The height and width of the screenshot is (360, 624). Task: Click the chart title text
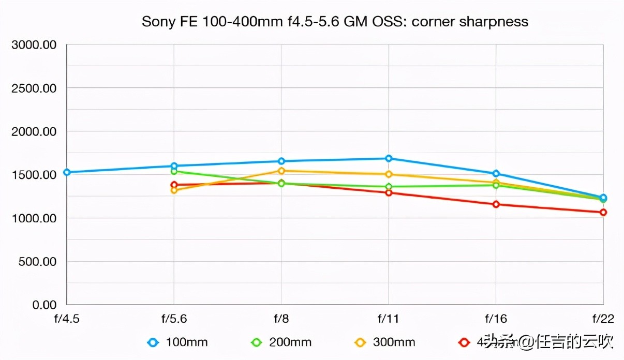click(x=335, y=22)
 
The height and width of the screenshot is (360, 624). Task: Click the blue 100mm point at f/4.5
click(x=67, y=172)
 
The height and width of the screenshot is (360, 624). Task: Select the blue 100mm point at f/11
click(x=389, y=158)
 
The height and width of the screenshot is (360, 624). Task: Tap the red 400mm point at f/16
click(x=496, y=204)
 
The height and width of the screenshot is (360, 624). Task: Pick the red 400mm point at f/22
click(x=603, y=213)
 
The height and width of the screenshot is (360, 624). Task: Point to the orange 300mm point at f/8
click(x=281, y=171)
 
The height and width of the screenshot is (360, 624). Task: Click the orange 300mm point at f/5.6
click(x=174, y=190)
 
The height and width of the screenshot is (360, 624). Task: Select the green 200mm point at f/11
click(x=389, y=187)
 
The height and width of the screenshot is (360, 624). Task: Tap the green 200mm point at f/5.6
click(x=174, y=171)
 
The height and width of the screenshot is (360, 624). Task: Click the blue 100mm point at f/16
click(x=496, y=174)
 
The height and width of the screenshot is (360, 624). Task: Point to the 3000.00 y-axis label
click(x=34, y=44)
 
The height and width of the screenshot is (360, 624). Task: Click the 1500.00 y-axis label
click(x=34, y=175)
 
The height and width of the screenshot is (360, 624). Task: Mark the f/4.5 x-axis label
click(x=67, y=318)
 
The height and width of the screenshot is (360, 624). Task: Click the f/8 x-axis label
click(x=281, y=318)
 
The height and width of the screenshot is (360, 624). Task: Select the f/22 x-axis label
click(x=603, y=318)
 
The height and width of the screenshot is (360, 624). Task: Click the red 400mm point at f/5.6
click(x=174, y=185)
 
